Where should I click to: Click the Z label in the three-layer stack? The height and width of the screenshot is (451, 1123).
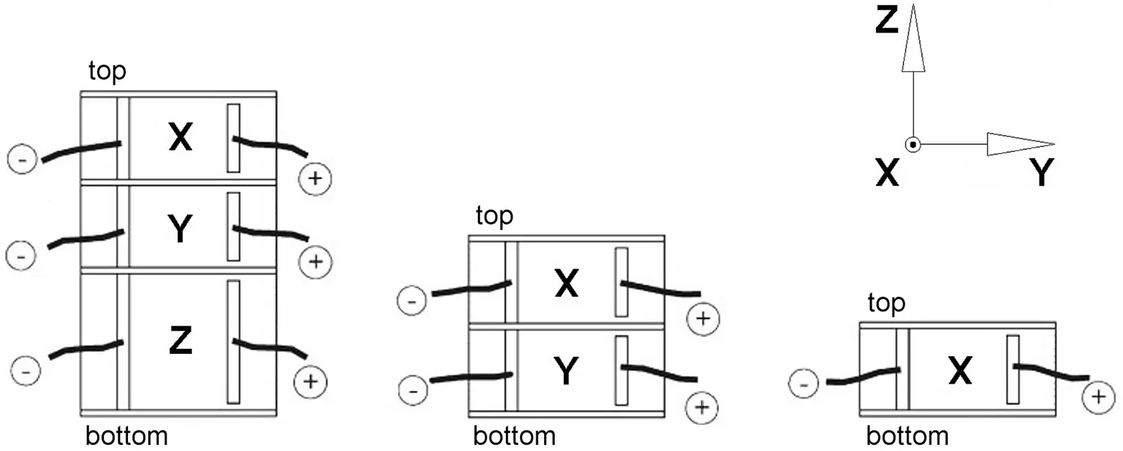(x=180, y=342)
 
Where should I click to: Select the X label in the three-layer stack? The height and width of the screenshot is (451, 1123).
(x=180, y=138)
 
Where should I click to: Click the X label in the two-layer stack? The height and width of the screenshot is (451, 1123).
(x=567, y=284)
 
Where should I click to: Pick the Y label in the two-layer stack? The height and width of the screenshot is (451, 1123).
(x=567, y=372)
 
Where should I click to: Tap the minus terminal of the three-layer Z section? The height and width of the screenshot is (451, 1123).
(x=25, y=371)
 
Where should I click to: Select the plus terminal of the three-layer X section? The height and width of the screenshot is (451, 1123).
(x=315, y=179)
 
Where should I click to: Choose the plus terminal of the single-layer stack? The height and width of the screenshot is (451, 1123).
(x=1098, y=396)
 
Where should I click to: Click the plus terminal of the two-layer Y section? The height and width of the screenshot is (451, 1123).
(x=702, y=407)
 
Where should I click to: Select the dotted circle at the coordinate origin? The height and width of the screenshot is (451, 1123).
(x=912, y=144)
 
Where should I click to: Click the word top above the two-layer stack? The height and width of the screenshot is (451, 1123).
(x=495, y=216)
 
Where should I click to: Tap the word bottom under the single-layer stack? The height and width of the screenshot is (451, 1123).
(x=907, y=436)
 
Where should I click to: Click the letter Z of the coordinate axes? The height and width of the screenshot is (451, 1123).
(x=887, y=21)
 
